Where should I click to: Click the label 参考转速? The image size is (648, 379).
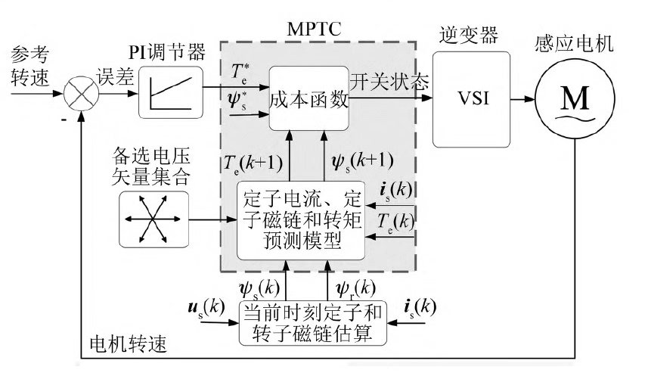[31, 67]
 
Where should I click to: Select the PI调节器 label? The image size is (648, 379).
[171, 52]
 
